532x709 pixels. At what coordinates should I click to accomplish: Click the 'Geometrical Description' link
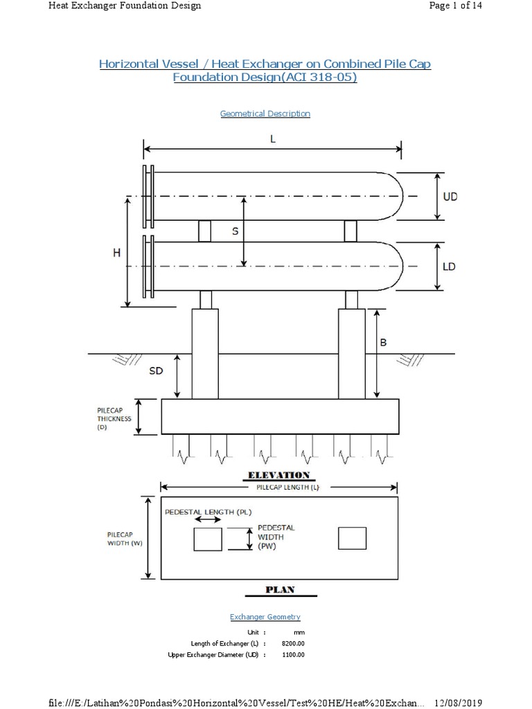(x=265, y=114)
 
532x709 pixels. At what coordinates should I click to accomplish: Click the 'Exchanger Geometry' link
(x=265, y=616)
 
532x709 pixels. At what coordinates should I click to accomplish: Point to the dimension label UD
(x=450, y=197)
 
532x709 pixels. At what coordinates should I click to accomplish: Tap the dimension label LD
(x=449, y=267)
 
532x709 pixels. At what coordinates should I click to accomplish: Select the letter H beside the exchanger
(x=116, y=253)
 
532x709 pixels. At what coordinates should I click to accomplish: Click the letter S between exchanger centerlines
(x=235, y=231)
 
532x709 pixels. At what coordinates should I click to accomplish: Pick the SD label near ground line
(x=157, y=371)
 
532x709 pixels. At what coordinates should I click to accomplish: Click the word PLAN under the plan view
(x=281, y=589)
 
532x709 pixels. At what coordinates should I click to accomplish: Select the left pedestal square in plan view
(x=208, y=538)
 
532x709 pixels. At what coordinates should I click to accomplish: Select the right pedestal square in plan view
(x=352, y=538)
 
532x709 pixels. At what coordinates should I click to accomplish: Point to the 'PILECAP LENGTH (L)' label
(x=281, y=487)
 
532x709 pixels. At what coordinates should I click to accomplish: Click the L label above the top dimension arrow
(x=273, y=138)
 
